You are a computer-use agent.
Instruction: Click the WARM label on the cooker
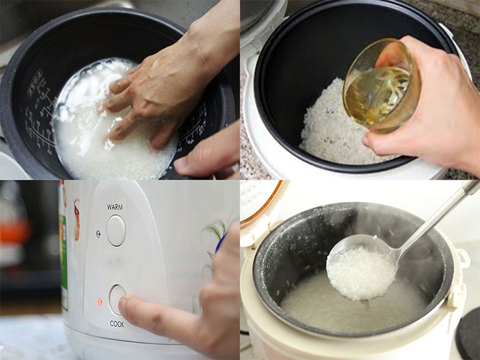(115, 206)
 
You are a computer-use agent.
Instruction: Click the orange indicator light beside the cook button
(100, 302)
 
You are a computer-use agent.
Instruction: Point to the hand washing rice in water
(154, 86)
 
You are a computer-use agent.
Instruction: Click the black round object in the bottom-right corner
(469, 335)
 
